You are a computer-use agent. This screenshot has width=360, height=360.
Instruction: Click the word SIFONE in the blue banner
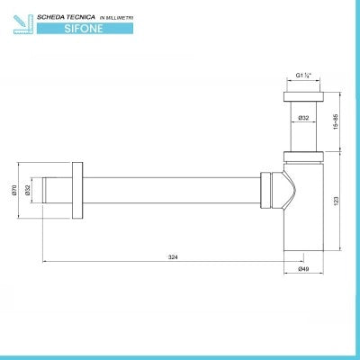[84, 29]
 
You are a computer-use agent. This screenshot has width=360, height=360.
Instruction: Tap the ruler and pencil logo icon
[23, 24]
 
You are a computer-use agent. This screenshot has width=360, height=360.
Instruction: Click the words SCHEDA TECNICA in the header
[66, 17]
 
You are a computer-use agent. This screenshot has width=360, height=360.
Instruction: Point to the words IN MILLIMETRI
[116, 18]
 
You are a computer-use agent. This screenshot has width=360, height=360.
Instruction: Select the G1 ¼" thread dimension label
[303, 76]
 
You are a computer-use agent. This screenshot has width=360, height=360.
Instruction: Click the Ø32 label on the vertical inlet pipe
[303, 118]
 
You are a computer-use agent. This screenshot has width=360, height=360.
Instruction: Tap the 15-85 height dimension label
[336, 122]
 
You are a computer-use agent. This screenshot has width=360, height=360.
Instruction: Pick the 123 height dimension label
[336, 202]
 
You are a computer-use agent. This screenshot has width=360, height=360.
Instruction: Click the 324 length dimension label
[173, 257]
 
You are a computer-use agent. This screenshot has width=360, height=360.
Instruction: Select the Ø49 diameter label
[303, 269]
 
